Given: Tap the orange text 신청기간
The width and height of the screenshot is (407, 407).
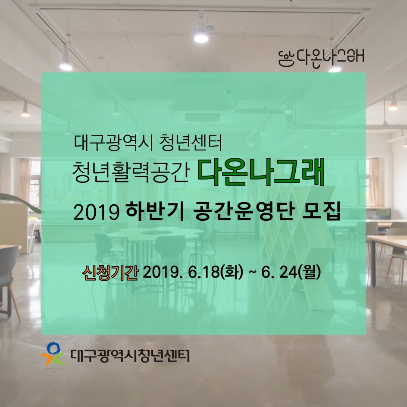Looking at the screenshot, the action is click(110, 273).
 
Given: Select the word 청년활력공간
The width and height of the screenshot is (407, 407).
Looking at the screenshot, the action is click(131, 172).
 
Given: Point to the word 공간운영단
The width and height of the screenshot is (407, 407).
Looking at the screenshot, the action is click(244, 212).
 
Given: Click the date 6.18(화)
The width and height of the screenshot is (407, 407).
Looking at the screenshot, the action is click(216, 273).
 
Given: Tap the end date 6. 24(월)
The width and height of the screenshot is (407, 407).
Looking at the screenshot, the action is click(291, 273).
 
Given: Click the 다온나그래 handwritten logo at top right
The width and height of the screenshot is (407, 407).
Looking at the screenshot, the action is click(321, 58).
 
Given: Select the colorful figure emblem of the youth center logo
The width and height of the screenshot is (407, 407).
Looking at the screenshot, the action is click(53, 354).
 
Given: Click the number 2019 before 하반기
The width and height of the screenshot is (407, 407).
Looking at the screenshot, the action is click(96, 213).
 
